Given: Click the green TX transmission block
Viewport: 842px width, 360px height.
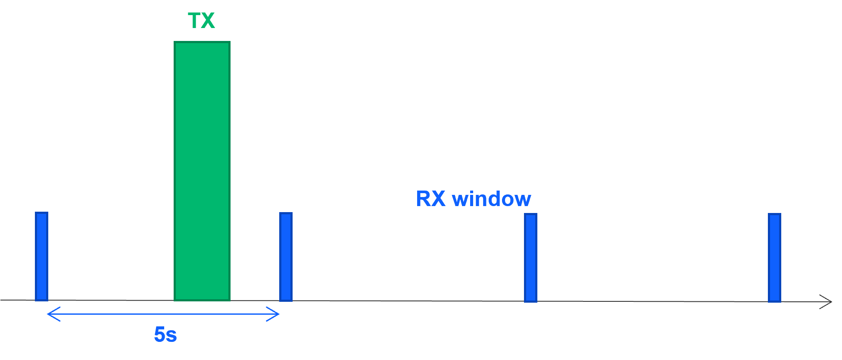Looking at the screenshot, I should [202, 171].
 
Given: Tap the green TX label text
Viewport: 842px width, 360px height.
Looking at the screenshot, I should [201, 21].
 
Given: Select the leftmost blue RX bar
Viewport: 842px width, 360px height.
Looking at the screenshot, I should [41, 256].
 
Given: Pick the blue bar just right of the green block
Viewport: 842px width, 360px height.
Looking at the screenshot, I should [286, 257].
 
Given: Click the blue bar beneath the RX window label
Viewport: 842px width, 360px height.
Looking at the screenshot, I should [530, 257].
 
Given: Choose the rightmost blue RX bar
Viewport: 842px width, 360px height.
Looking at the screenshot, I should [774, 257].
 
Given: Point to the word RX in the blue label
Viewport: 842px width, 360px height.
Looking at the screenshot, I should [430, 199].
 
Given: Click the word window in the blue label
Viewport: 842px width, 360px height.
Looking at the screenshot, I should [491, 199].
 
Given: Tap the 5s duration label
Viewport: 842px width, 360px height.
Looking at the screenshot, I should [165, 335].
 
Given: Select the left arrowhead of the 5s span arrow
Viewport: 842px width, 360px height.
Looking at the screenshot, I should [49, 314].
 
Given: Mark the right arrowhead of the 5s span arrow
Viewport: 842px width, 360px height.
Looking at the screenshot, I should [277, 314].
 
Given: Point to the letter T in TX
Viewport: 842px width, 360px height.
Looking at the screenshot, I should [194, 21].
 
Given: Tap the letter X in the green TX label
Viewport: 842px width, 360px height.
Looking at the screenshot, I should [208, 21].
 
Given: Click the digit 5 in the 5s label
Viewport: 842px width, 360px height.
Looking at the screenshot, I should [160, 335].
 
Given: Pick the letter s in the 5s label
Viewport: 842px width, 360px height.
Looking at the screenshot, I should [172, 336].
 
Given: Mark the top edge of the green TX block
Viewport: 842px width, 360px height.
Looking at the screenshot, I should [202, 42].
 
